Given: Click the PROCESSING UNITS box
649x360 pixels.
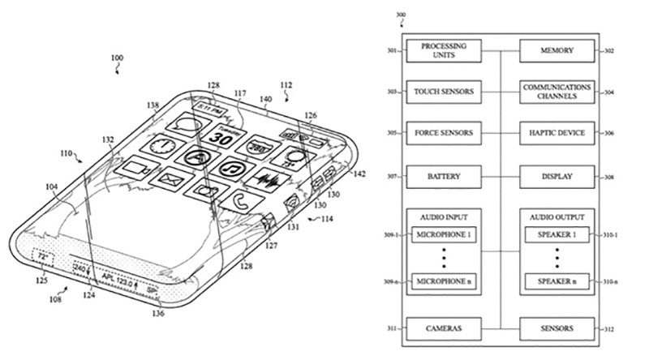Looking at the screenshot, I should pos(443,50).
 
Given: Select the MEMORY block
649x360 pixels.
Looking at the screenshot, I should pos(557,50).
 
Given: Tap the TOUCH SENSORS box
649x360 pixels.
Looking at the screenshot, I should pos(443,92).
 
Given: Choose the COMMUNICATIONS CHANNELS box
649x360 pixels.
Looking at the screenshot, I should pos(557,92).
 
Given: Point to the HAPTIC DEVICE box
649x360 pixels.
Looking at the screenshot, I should pos(557,133).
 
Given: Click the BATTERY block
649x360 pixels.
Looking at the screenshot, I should pos(443,175).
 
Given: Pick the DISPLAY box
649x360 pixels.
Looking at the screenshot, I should pos(557,175).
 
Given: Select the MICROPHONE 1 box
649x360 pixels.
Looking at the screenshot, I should pos(443,234).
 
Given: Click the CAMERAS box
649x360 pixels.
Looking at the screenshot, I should pos(443,328).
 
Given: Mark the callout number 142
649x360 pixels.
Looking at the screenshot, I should pos(359,174).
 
